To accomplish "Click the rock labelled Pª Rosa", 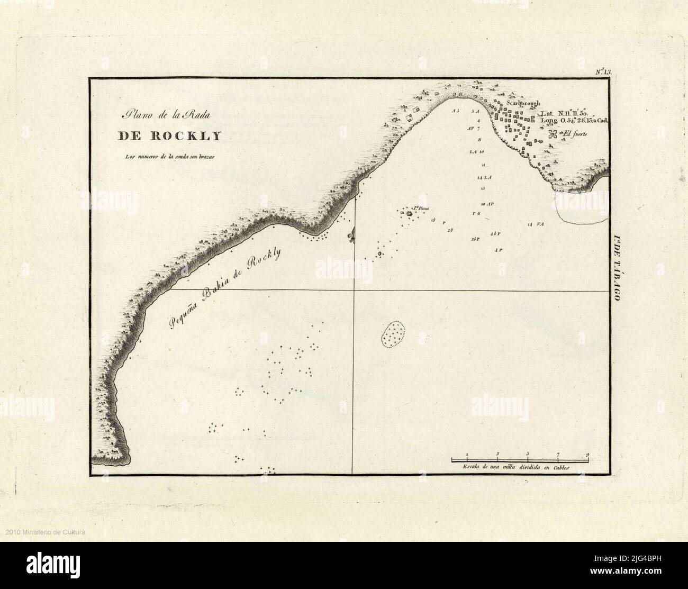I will click(x=409, y=214).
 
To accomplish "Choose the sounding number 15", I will click(x=482, y=188).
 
